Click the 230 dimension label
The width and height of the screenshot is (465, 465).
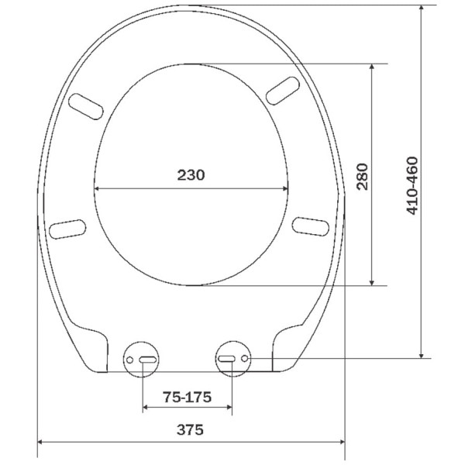[x=191, y=175]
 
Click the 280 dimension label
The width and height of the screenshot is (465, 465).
[x=363, y=177]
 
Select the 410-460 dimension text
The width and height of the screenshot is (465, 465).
[x=412, y=185]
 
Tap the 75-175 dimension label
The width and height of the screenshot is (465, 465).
[x=187, y=397]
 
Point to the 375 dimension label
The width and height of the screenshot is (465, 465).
[x=190, y=429]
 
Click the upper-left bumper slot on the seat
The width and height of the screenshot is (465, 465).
[x=86, y=106]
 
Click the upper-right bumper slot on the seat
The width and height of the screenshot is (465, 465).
[x=283, y=91]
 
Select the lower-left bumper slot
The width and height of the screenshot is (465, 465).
[x=67, y=229]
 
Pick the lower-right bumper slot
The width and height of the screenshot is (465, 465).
[x=311, y=226]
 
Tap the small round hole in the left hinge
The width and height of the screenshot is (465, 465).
[x=129, y=360]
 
